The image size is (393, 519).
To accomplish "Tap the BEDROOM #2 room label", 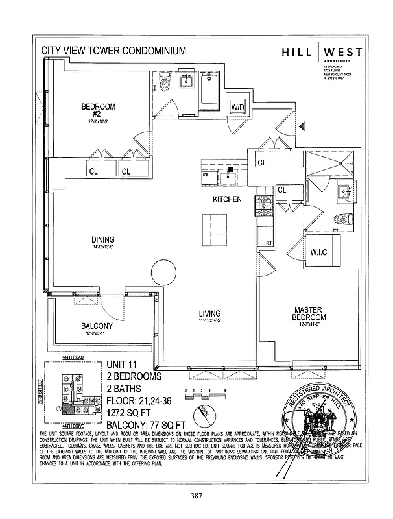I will coord(99,110).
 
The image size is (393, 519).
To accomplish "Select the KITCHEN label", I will coord(227,199).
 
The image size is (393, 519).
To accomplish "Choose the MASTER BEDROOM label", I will coord(309,314).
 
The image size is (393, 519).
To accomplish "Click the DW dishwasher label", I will coord(205,175).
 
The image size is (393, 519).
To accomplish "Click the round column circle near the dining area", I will coord(162,273).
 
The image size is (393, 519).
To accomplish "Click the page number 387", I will coord(196,496).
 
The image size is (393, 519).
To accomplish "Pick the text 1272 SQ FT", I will coord(130,413).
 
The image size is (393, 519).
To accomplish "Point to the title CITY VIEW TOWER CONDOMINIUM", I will coord(113,50).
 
